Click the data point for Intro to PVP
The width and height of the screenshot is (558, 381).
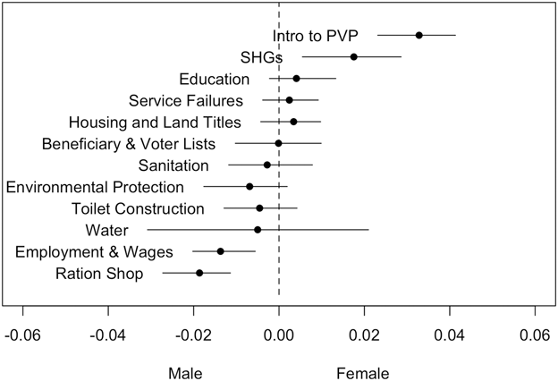418,35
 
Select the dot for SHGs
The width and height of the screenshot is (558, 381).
354,56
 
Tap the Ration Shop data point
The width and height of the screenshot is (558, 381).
199,273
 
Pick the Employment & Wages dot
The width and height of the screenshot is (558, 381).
221,251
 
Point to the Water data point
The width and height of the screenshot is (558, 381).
258,230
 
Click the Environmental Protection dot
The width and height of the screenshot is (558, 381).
249,186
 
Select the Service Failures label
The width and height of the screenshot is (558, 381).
185,100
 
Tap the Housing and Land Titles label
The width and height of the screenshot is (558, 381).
155,122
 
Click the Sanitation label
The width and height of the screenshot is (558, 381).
173,165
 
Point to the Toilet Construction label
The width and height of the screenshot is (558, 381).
138,208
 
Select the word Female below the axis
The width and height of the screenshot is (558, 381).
362,372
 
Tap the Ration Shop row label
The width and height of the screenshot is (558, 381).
99,274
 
